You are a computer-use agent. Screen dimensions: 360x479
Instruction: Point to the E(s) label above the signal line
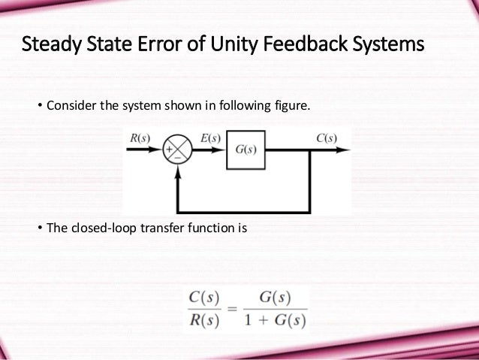tap(211, 138)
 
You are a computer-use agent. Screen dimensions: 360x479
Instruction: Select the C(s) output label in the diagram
tap(326, 138)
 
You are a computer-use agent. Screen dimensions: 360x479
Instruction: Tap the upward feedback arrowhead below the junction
tap(178, 171)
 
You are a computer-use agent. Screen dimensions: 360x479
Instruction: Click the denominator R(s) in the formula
tap(203, 319)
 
